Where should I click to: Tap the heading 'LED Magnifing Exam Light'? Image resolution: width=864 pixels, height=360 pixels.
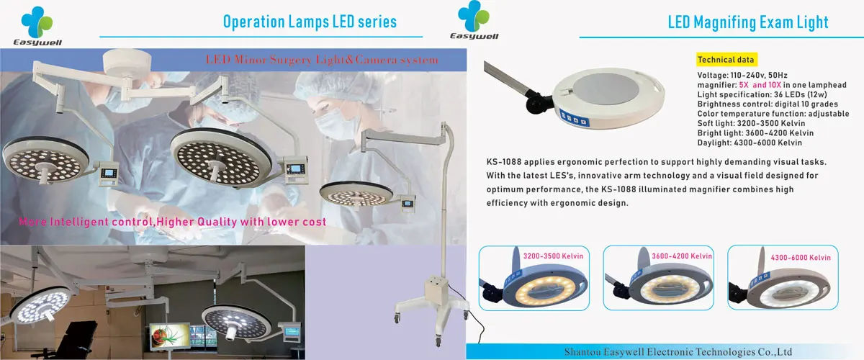[748, 22]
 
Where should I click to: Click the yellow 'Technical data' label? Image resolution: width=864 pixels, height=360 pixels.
[725, 60]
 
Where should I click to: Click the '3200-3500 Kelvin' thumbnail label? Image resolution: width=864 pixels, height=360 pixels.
[553, 256]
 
